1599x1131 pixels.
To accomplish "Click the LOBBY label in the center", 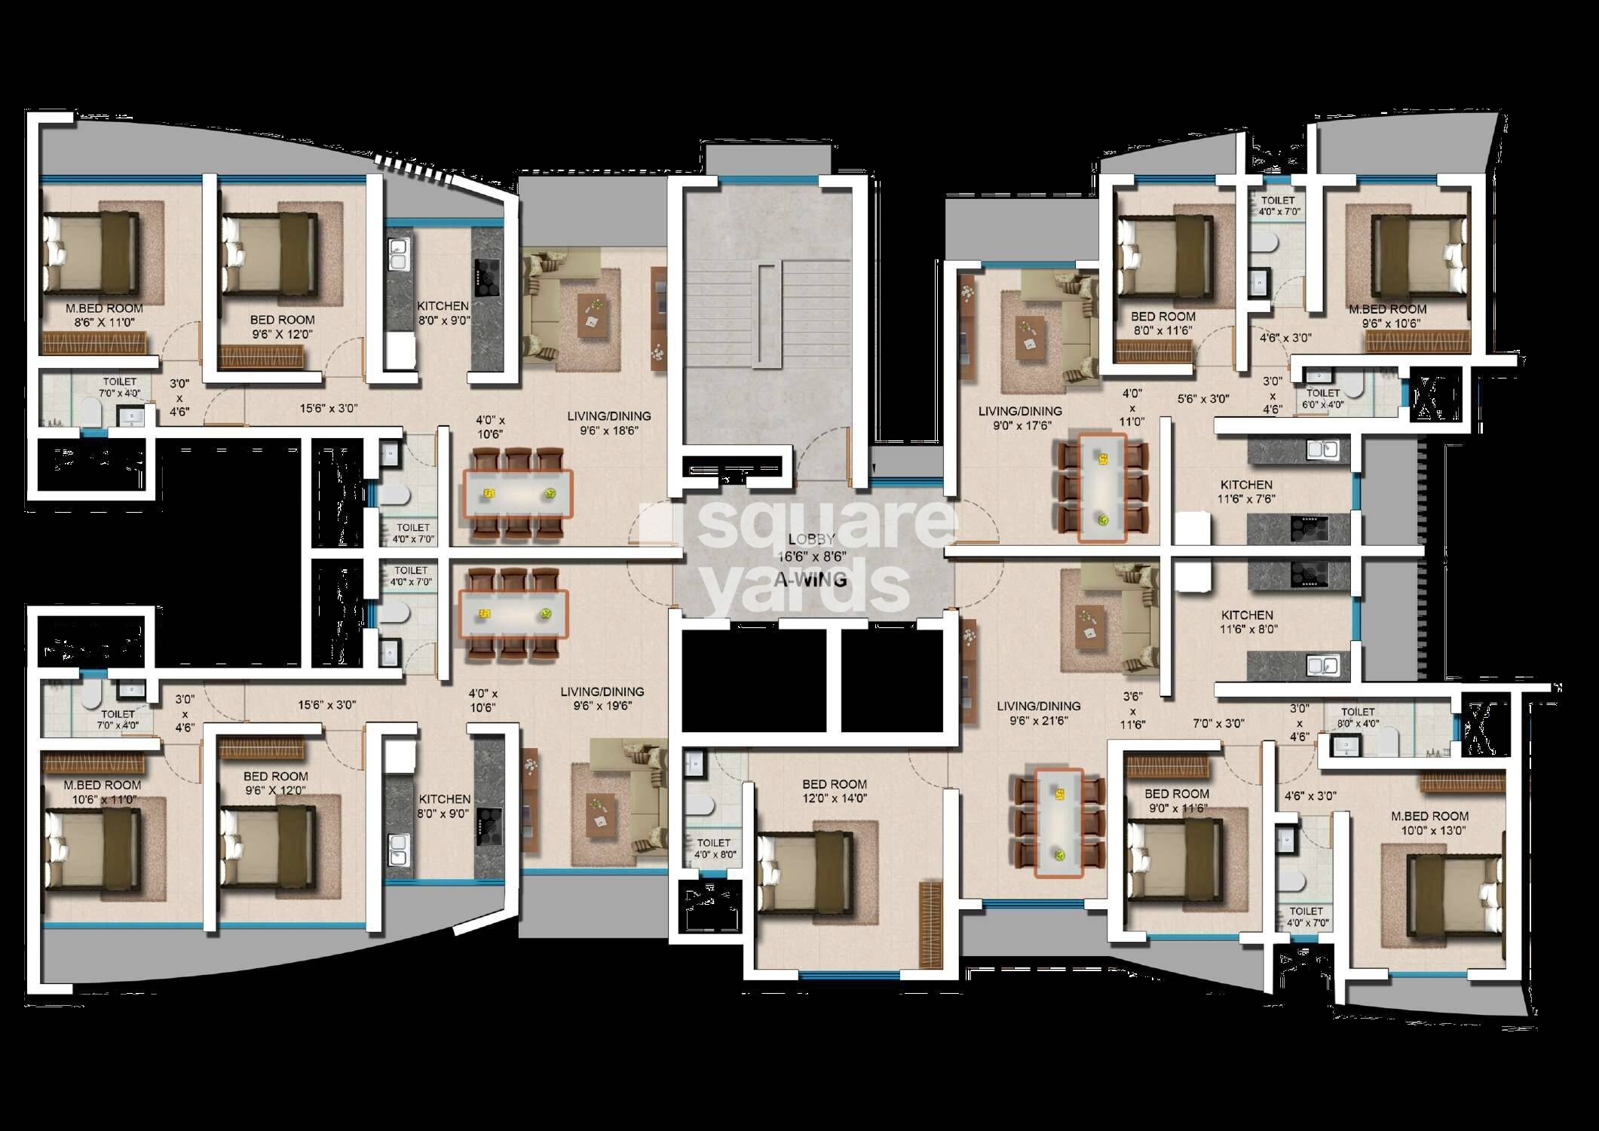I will tap(811, 539).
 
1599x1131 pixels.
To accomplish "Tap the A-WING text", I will tap(810, 581).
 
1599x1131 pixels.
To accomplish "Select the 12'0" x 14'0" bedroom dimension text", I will tap(835, 798).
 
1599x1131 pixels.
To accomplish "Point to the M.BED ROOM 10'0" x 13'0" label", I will tap(1429, 823).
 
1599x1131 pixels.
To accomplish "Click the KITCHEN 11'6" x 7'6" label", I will tap(1246, 492).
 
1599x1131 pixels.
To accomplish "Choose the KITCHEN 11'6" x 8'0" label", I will tap(1246, 622).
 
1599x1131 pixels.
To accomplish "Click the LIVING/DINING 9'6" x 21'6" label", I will tap(1038, 713).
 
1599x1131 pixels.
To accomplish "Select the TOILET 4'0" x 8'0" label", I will tap(713, 849).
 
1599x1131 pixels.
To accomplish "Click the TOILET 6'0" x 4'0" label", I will tap(1323, 398).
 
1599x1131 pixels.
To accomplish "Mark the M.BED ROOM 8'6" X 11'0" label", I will tap(104, 315).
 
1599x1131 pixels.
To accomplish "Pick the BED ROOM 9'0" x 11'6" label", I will tap(1176, 801).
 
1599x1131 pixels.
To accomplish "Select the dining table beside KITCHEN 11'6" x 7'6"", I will tap(1103, 487).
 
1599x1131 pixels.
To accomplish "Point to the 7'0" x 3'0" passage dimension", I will tap(1218, 723).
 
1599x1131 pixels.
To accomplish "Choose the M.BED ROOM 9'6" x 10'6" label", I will tap(1387, 316).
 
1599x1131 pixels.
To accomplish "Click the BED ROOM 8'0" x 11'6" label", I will tap(1163, 323).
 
